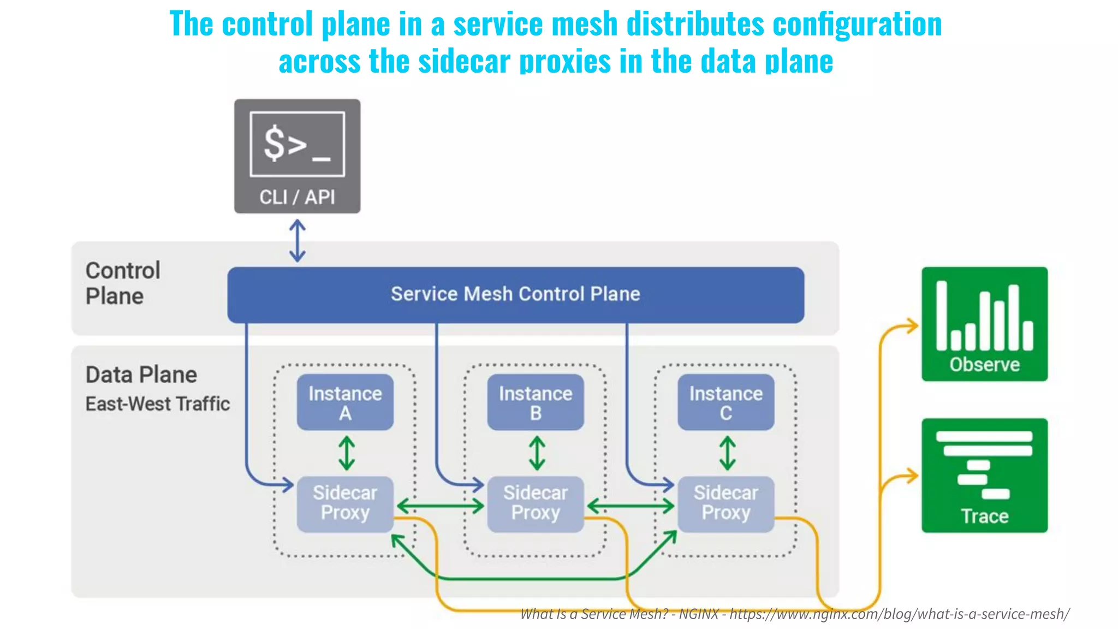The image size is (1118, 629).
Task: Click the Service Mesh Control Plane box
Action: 515,294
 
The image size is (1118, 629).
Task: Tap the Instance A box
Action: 345,402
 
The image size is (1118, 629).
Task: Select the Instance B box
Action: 536,402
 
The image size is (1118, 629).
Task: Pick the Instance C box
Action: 725,402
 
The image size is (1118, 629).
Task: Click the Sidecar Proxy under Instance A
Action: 345,503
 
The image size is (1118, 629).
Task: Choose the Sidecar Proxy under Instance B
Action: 536,503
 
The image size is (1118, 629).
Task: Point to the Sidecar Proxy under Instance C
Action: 725,503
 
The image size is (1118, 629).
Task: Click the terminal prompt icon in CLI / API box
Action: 297,144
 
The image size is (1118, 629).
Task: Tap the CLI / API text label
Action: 297,197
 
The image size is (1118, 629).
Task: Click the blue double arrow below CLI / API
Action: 297,240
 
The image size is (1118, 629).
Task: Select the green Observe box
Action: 984,324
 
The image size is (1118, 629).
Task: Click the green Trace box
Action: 984,475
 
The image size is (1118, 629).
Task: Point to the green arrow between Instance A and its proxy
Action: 347,453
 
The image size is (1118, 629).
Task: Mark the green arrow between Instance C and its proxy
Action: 727,453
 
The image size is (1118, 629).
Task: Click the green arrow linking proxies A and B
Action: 440,506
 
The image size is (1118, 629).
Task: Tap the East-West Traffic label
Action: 157,404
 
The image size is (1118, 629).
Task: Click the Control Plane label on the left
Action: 122,283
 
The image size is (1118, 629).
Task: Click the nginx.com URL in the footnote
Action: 899,614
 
